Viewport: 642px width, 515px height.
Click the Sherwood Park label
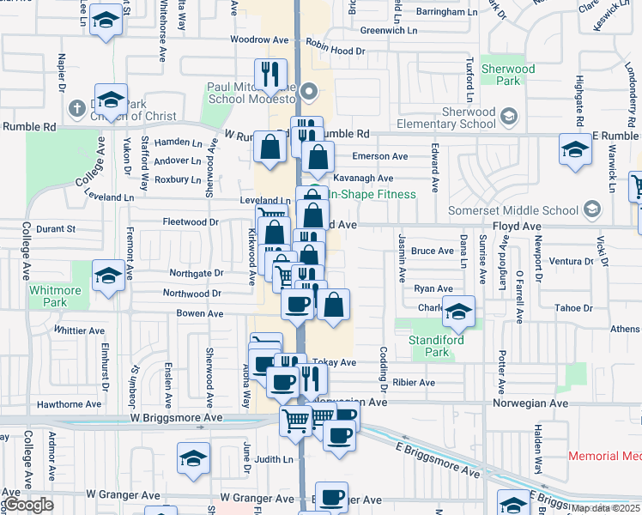pos(507,75)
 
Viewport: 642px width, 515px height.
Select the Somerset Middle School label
pos(513,210)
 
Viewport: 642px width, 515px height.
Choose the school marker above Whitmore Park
pos(108,276)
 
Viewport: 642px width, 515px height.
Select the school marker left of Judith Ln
pos(194,458)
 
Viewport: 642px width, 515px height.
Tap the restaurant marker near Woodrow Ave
pos(270,74)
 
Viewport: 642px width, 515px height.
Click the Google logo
pos(28,505)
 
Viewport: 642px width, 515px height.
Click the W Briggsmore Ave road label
pos(176,417)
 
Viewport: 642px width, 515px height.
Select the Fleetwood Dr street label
pos(191,221)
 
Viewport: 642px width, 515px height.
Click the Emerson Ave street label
pos(380,156)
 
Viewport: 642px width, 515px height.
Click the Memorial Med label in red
pos(605,457)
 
